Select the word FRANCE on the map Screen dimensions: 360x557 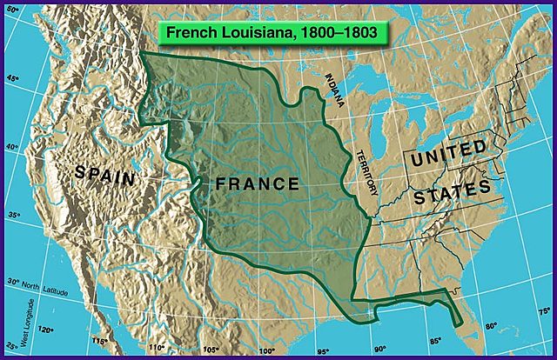pos(258,184)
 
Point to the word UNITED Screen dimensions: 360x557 pos(450,156)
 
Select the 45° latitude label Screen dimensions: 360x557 pos(12,79)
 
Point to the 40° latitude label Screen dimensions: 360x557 pos(12,147)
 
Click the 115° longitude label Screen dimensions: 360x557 pos(100,341)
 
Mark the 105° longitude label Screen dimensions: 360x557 pos(210,350)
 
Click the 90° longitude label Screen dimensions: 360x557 pos(379,349)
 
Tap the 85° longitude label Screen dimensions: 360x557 pos(435,340)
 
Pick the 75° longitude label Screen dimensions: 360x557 pos(543,311)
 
